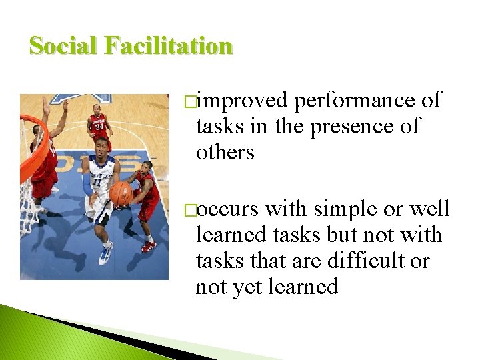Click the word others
click(x=225, y=152)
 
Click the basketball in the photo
click(x=121, y=193)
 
